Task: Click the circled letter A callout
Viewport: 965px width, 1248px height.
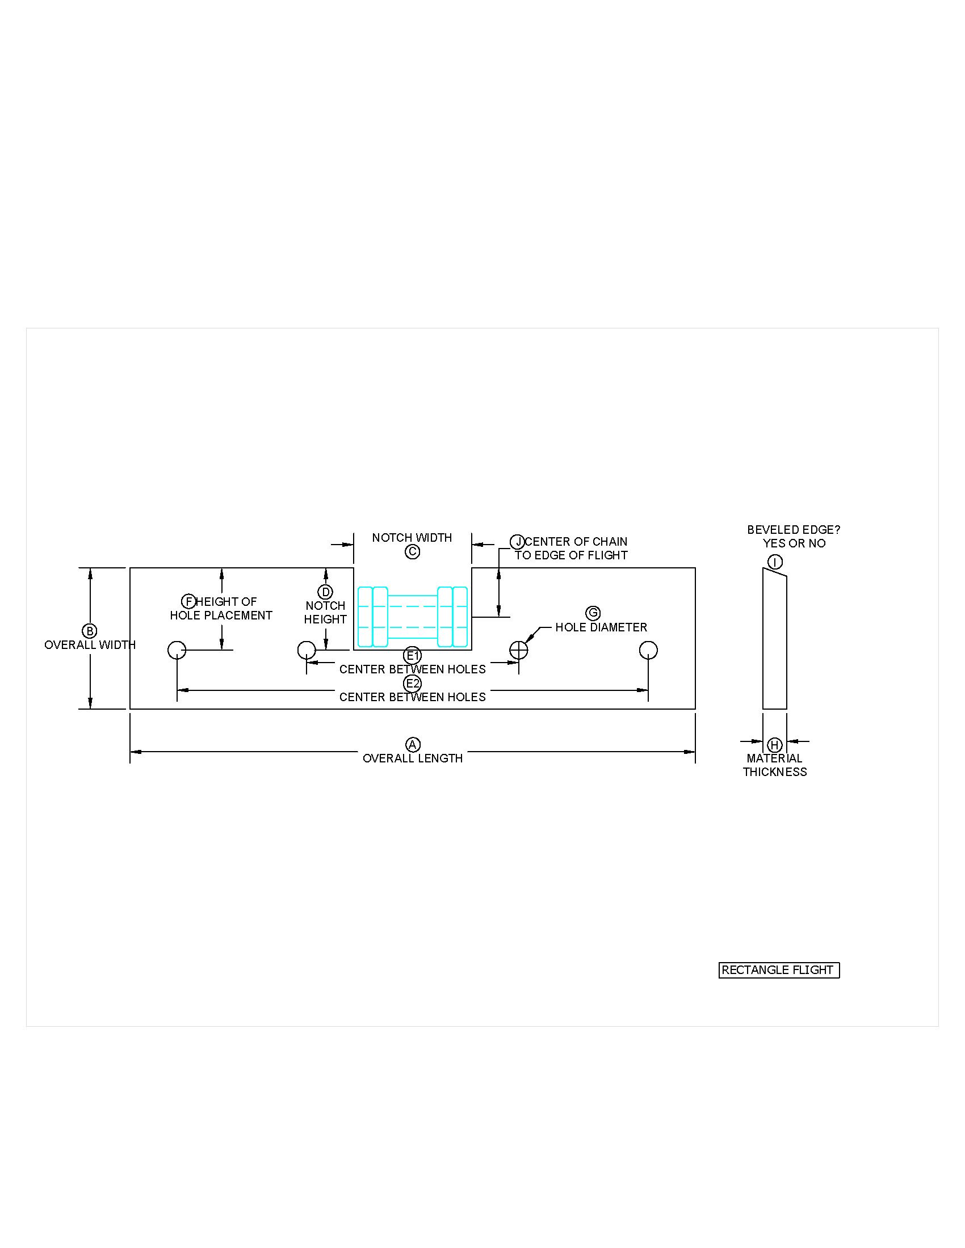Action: click(413, 745)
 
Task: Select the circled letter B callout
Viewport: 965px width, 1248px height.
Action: click(90, 631)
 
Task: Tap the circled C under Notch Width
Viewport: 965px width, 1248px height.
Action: click(412, 551)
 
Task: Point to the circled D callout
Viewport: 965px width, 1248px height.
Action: click(325, 592)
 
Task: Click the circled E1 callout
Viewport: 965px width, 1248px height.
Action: click(413, 655)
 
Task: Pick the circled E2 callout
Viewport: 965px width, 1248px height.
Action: click(413, 684)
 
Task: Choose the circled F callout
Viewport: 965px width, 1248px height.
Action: click(188, 601)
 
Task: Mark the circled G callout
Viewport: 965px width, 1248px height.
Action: click(593, 613)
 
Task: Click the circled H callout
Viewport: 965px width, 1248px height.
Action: click(775, 745)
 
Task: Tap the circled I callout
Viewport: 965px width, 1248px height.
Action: click(775, 562)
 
